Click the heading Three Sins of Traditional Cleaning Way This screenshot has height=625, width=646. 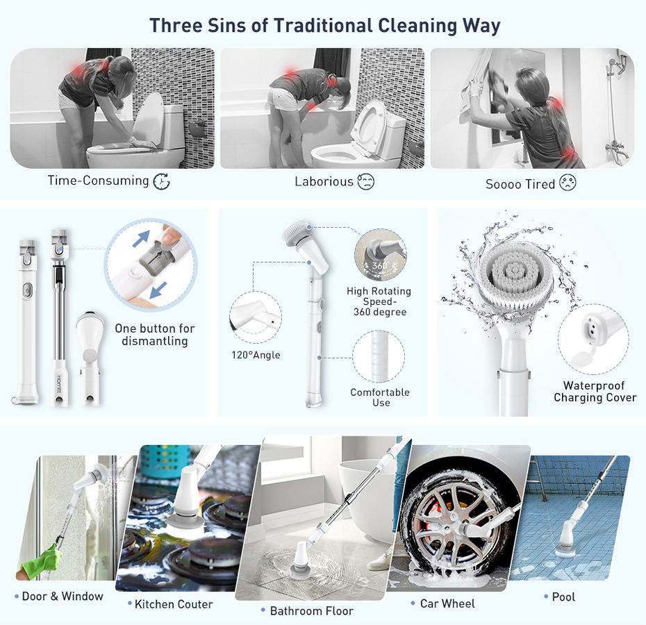click(x=324, y=26)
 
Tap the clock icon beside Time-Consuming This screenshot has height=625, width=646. click(x=161, y=182)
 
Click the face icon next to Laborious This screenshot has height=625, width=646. click(x=365, y=182)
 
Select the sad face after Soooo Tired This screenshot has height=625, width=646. click(x=568, y=184)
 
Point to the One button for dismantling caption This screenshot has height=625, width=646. click(x=155, y=334)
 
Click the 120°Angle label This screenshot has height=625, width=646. click(x=256, y=355)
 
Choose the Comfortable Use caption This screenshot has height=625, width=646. click(x=379, y=397)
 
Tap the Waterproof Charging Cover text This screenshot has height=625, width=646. click(x=595, y=392)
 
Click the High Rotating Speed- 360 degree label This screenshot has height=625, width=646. click(x=379, y=301)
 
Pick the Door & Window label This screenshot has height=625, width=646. click(x=62, y=596)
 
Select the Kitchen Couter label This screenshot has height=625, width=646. click(x=174, y=604)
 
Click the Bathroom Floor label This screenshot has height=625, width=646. click(x=311, y=611)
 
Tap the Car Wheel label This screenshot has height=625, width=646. click(x=447, y=603)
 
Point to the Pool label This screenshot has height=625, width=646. click(x=563, y=597)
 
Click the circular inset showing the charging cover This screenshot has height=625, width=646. click(x=593, y=339)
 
